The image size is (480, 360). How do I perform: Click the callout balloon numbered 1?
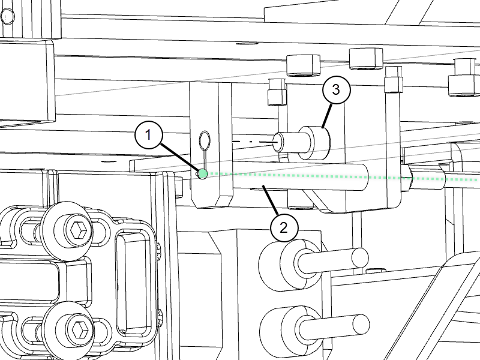pos(148,134)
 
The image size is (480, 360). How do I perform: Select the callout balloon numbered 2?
pos(284,228)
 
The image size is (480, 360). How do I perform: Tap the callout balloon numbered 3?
pos(336,90)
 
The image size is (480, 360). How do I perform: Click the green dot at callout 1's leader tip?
pos(203,174)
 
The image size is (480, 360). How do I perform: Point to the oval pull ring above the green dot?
pos(205,140)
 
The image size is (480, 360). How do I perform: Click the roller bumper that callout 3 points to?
pos(314,143)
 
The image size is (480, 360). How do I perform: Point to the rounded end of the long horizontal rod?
pos(364,177)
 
